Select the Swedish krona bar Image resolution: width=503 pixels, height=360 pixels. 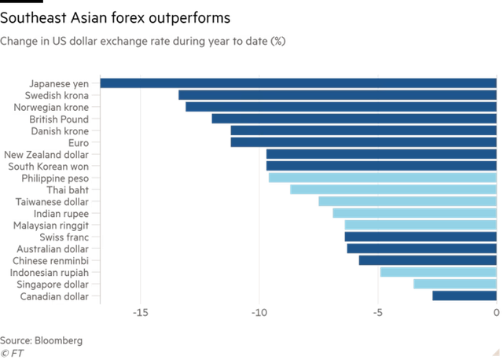coord(336,95)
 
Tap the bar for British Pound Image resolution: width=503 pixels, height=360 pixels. coord(353,119)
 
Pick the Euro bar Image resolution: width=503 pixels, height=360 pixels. coord(362,142)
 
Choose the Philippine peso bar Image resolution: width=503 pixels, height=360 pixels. coord(381,178)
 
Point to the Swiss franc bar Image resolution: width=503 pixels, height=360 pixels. coord(420,236)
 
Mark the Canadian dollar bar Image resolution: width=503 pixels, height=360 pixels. coord(464,296)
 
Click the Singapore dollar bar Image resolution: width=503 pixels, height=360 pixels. coord(453,284)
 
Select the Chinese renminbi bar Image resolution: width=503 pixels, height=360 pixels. coord(427,260)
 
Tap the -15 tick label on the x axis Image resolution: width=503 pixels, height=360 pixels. coord(141,314)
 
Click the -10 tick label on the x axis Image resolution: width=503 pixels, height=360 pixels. coord(259,314)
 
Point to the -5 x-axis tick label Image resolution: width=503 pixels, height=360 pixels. coord(378,314)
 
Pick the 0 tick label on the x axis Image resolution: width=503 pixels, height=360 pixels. coord(496,314)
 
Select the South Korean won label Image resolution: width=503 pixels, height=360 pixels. coord(52,166)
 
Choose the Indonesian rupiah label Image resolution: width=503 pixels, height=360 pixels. coord(54,272)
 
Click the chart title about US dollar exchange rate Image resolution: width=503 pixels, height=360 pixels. coord(142,41)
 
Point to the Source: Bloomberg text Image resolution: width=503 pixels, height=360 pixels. coord(41,340)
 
